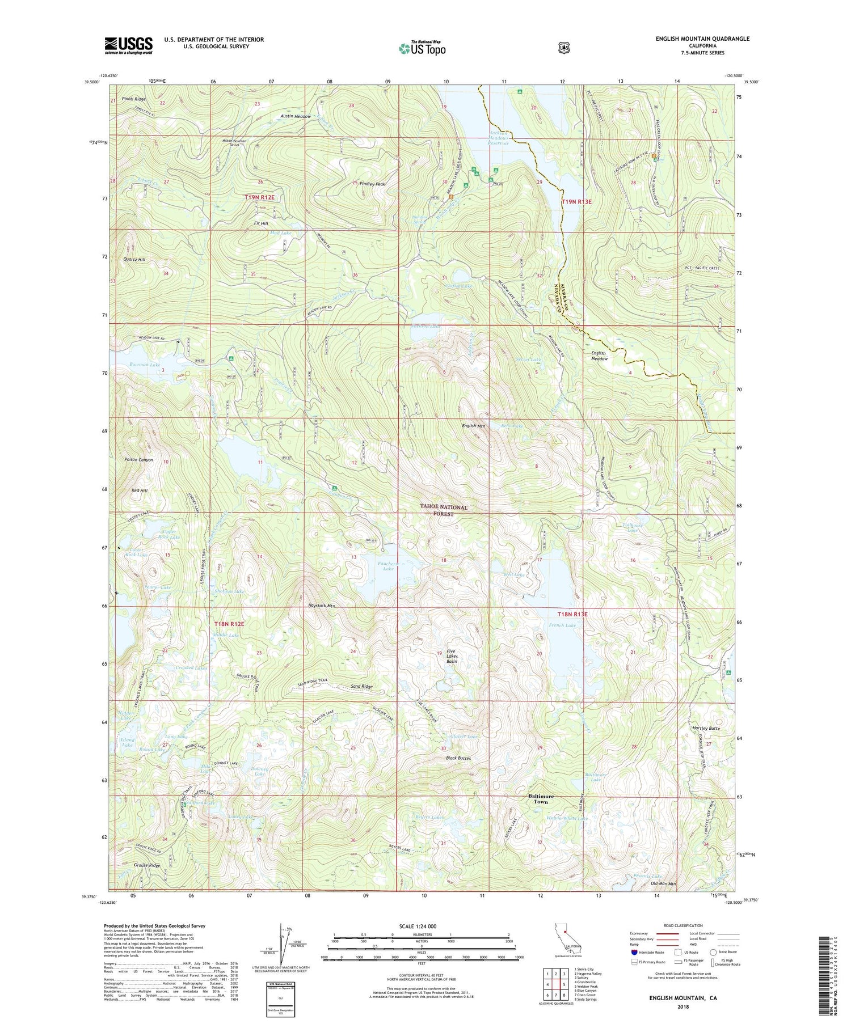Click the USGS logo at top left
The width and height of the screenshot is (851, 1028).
tap(129, 45)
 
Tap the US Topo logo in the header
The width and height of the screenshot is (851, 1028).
tap(422, 48)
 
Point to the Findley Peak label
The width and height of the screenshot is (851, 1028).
tap(372, 184)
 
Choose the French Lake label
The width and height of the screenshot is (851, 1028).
tap(562, 625)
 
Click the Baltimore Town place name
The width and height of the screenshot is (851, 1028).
tap(541, 799)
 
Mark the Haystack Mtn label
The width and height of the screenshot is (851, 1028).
tap(322, 606)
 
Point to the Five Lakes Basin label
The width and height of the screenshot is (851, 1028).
tap(452, 656)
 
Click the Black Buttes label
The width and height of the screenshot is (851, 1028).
tap(458, 758)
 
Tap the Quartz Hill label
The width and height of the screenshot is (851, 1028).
tap(134, 259)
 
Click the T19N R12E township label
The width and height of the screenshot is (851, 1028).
tap(259, 197)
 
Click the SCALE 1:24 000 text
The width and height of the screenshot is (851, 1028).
tap(422, 927)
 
